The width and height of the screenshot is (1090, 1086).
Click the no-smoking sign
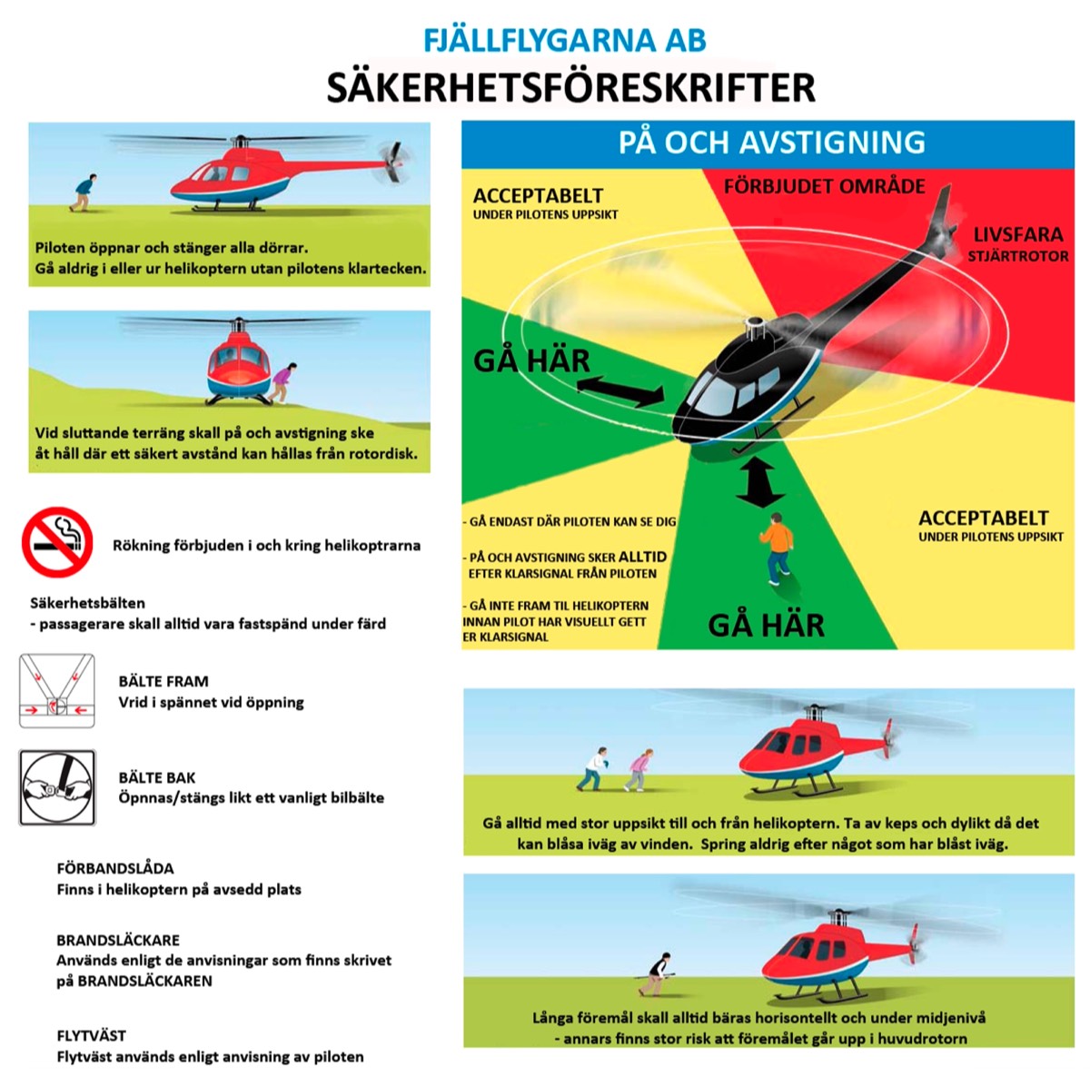(x=57, y=541)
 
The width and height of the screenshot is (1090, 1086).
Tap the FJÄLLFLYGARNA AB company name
(x=564, y=41)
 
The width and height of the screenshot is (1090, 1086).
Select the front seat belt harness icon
(x=56, y=691)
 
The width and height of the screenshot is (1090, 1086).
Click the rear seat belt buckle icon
(x=57, y=787)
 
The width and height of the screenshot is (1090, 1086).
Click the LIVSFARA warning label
(x=1017, y=234)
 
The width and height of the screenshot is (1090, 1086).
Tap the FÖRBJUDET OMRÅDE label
(x=824, y=186)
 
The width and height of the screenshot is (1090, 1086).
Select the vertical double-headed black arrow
(x=759, y=481)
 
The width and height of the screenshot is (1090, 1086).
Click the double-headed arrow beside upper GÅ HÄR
(x=620, y=391)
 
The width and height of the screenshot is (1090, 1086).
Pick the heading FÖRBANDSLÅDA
(x=114, y=868)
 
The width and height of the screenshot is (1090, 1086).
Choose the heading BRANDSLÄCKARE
(x=118, y=940)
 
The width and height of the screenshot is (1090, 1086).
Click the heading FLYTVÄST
(x=91, y=1036)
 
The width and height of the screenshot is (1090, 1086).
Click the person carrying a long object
(x=656, y=974)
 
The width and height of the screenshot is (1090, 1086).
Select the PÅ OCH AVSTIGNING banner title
(x=771, y=142)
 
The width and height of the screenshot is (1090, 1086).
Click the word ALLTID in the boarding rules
(x=642, y=557)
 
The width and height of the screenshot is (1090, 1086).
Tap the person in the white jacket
(x=592, y=769)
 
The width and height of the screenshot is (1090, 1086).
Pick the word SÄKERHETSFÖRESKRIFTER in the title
(x=571, y=87)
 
